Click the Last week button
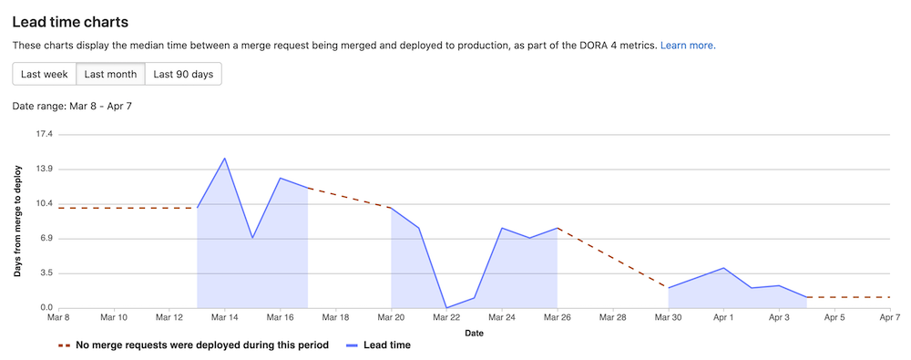click(44, 74)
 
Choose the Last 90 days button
click(183, 74)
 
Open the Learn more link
click(688, 45)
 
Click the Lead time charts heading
click(70, 20)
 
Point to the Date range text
click(73, 107)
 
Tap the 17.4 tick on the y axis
click(44, 135)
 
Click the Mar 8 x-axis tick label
click(58, 318)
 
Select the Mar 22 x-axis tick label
click(446, 318)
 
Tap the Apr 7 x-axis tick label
click(890, 318)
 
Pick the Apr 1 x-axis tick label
click(723, 318)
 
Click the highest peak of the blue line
click(225, 159)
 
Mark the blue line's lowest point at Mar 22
click(446, 307)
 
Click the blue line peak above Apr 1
click(723, 268)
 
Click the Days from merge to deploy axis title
click(17, 221)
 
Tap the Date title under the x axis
click(474, 333)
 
